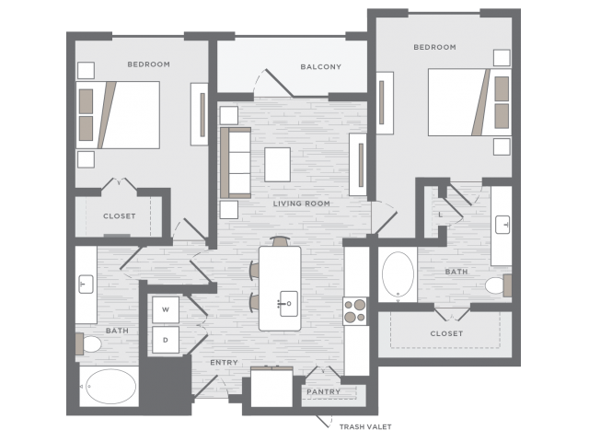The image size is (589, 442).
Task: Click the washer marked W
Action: point(166,309)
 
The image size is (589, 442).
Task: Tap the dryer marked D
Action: point(166,340)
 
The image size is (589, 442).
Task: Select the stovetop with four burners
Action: point(355,311)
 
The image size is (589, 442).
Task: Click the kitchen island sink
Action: point(288,304)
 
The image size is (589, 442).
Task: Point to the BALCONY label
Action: point(321,67)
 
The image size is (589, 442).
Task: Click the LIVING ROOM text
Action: point(302,204)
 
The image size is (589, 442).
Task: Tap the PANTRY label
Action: point(323,391)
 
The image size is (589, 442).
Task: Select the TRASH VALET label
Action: point(365,427)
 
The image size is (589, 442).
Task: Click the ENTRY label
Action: point(224,362)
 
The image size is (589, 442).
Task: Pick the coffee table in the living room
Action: point(278,165)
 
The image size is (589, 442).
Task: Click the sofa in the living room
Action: point(236,163)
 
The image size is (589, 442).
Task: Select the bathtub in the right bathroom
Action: point(398,274)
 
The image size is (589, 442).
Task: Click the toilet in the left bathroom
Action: point(88,343)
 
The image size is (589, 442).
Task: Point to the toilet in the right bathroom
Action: point(498,285)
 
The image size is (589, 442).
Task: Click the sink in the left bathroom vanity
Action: point(86,285)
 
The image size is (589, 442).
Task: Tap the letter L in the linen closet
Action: point(440,215)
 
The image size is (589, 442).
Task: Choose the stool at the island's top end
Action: point(281,241)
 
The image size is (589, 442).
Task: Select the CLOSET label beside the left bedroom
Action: point(120,216)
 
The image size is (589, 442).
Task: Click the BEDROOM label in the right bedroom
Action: point(435,47)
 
